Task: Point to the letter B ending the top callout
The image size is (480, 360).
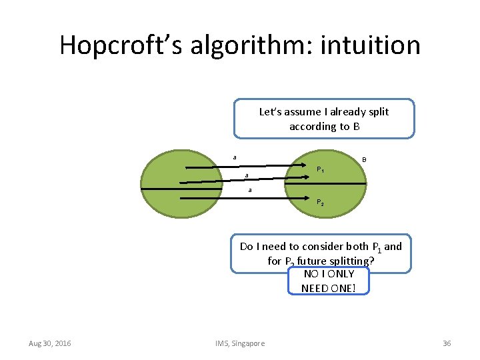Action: pos(357,126)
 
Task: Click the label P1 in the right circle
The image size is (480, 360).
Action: pos(320,170)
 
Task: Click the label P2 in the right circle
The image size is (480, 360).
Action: pos(320,203)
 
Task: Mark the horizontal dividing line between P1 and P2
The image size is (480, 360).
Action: pos(333,183)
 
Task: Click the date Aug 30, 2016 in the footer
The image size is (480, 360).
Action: pos(50,343)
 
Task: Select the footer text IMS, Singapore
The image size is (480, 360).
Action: pos(240,343)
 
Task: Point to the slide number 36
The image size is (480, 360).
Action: pos(447,343)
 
